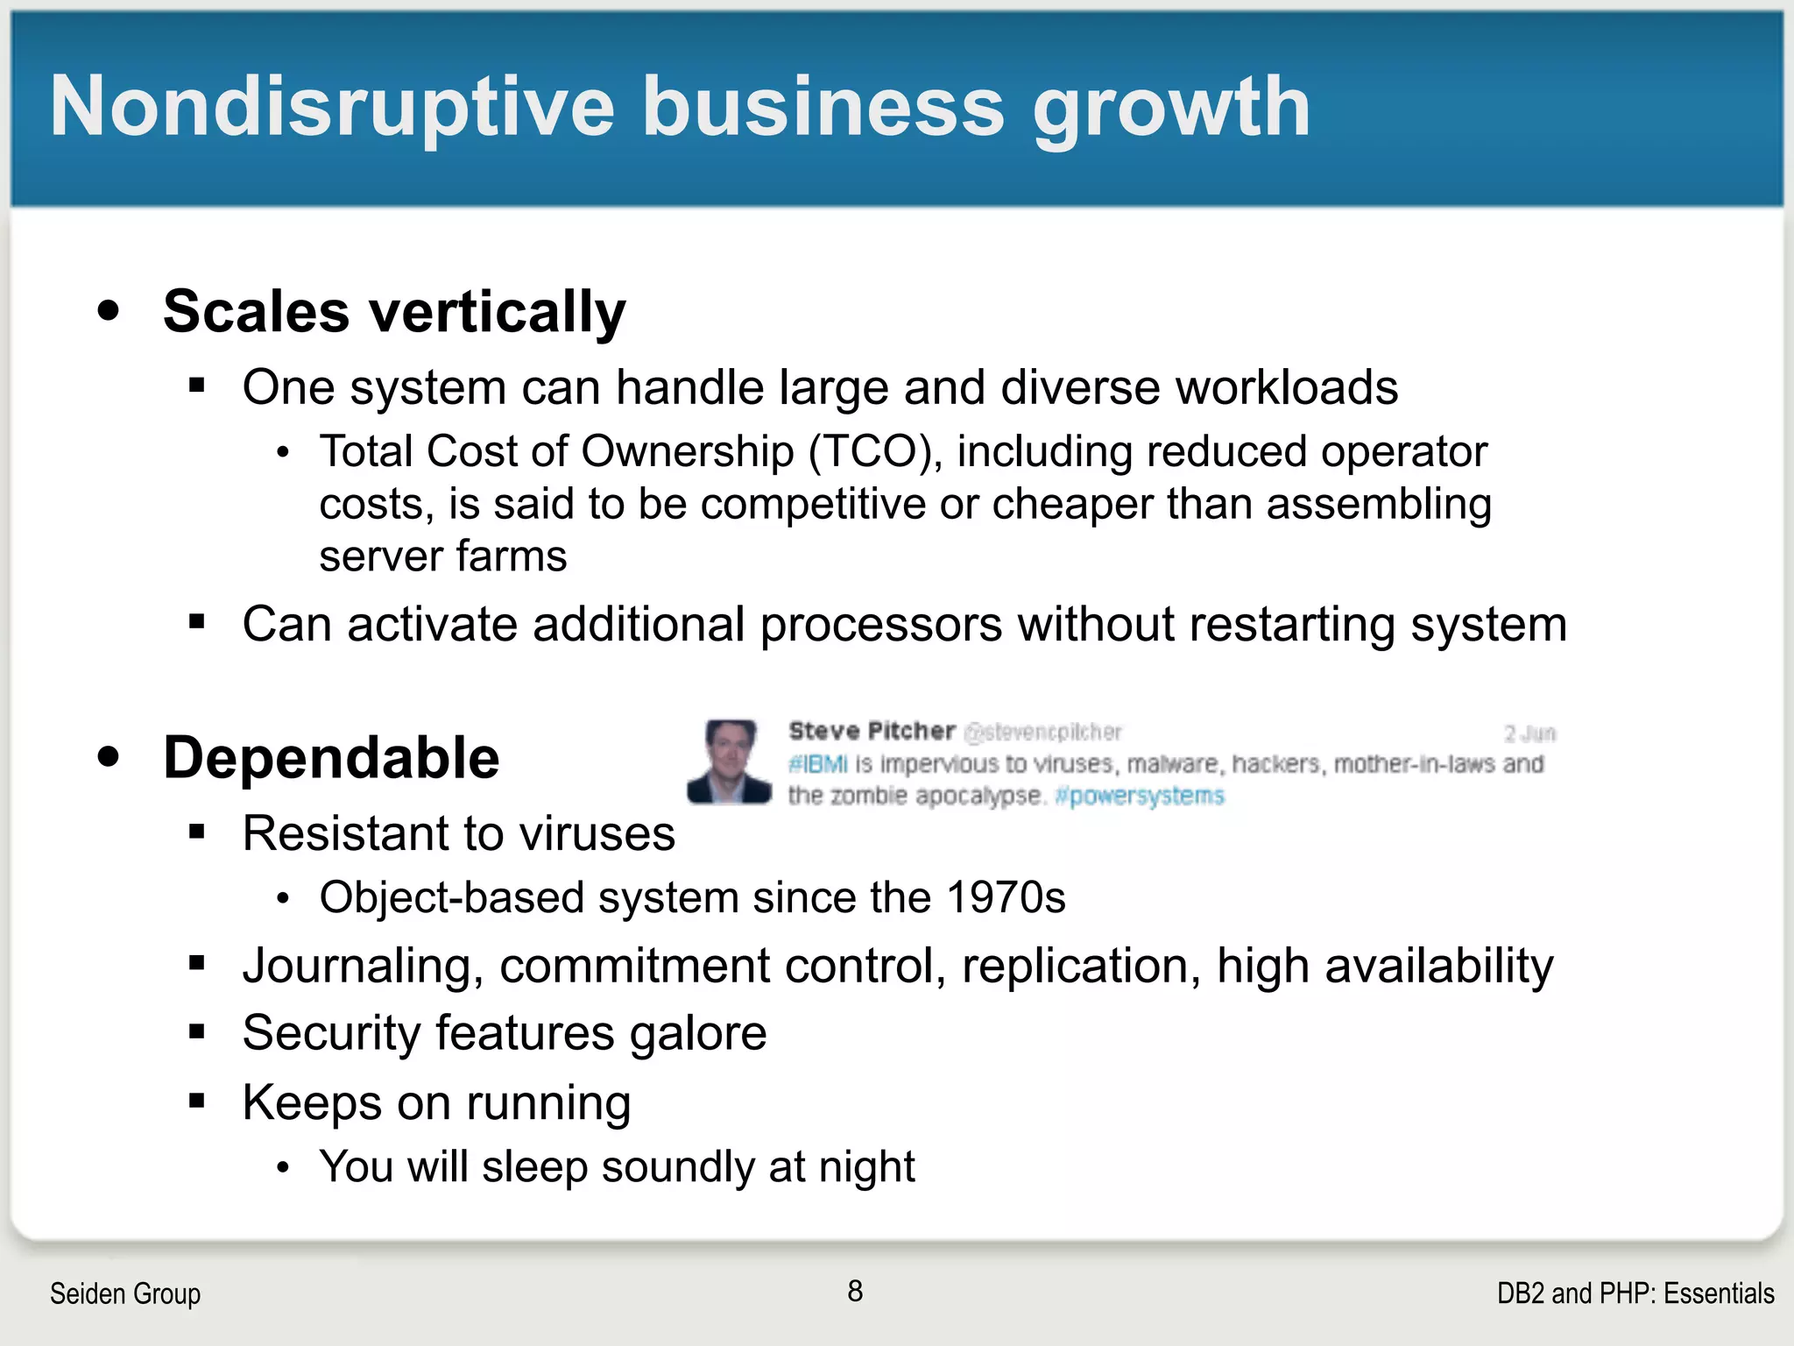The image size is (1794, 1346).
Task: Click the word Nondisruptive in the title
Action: (x=333, y=107)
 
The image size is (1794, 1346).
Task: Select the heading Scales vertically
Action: (x=394, y=312)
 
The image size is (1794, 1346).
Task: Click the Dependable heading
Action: (x=331, y=758)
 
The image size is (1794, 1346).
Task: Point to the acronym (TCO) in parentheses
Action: (x=875, y=452)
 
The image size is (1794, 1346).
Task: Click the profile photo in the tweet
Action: (x=730, y=762)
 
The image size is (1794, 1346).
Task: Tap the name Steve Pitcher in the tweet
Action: (x=871, y=731)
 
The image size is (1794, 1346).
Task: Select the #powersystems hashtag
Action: (x=1140, y=796)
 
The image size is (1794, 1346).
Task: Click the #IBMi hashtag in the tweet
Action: (x=817, y=764)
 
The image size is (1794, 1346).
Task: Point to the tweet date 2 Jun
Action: (x=1529, y=733)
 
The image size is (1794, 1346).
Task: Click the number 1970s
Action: (x=1006, y=898)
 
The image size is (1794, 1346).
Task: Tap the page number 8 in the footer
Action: (x=855, y=1291)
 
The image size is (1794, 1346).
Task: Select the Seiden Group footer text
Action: (x=125, y=1293)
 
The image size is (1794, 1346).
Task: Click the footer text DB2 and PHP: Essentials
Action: (x=1635, y=1293)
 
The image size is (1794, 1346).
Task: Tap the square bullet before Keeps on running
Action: (x=196, y=1101)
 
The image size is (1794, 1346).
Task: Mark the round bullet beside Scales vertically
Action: (x=109, y=310)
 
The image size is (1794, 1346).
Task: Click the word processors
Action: (x=880, y=625)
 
